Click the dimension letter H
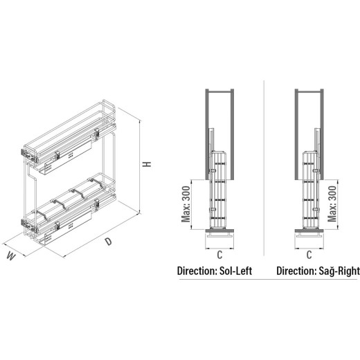click(147, 164)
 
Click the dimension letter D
click(108, 242)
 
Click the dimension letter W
click(11, 256)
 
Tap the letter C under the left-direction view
click(219, 255)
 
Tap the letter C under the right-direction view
click(309, 255)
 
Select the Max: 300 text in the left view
click(186, 204)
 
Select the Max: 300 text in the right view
click(332, 204)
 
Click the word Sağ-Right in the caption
click(339, 271)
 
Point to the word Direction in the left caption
click(196, 271)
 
